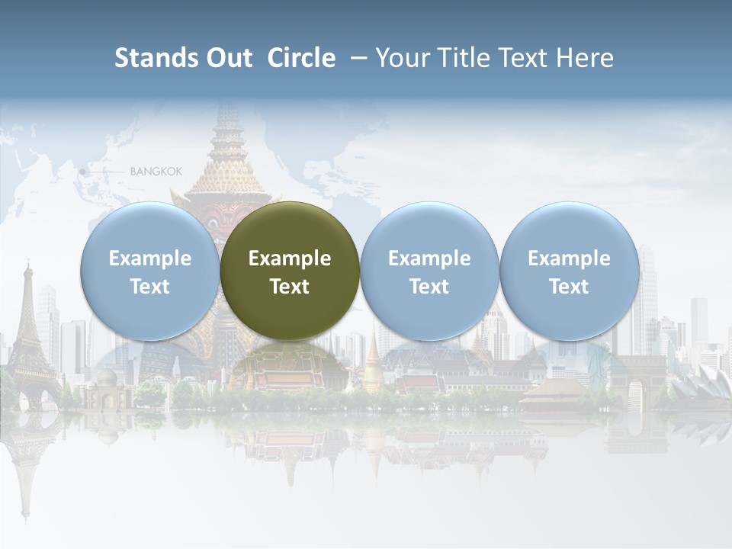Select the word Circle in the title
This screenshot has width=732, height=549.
[301, 58]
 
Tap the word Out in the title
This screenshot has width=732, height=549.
[226, 58]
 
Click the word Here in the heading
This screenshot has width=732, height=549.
[585, 58]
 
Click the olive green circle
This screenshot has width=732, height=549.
[290, 271]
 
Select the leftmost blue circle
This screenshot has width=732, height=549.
[150, 271]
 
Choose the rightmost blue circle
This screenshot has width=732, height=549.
[569, 271]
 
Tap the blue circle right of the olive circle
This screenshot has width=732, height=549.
[429, 271]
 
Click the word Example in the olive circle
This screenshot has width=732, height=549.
[290, 258]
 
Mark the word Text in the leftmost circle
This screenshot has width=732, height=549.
[150, 287]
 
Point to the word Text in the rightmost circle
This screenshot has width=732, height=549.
[569, 287]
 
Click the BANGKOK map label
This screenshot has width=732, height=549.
[156, 172]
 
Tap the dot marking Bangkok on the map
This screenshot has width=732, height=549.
[82, 172]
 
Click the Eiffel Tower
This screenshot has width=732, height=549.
[29, 335]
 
